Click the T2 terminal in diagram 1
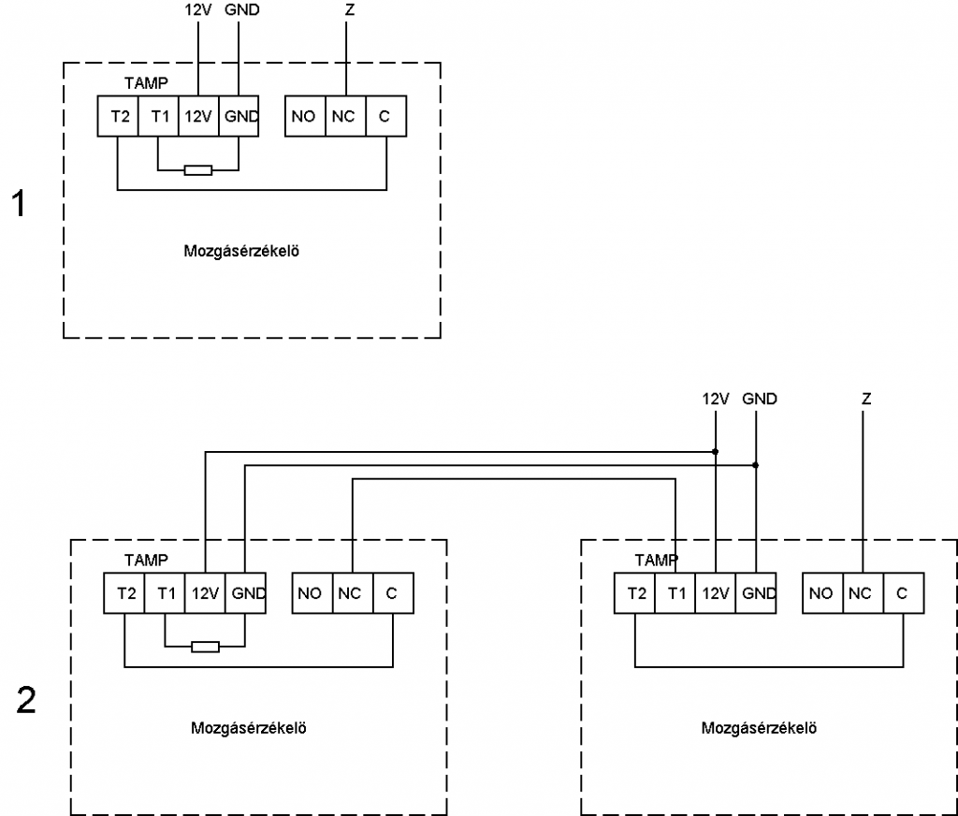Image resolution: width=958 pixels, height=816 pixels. pos(118,115)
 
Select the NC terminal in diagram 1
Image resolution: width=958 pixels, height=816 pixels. pos(346,115)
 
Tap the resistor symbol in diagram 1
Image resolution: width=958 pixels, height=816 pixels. pos(198,170)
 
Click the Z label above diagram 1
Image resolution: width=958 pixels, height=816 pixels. pos(350,9)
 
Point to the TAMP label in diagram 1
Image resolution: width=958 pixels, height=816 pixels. pos(146,82)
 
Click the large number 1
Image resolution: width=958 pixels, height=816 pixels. pos(20,203)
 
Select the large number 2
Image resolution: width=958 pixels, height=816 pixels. pos(26,700)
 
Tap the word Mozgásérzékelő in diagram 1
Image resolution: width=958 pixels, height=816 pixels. pos(241,251)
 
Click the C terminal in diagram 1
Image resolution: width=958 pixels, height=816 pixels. pos(386,115)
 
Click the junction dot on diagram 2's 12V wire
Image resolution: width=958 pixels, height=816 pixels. pos(716,452)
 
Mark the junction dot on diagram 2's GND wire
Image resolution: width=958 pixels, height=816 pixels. pos(756,465)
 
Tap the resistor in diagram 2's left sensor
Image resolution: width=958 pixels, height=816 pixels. pos(205,647)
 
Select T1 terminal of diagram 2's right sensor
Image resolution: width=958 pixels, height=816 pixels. pos(675,593)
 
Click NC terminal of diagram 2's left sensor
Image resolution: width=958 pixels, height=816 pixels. pos(353,593)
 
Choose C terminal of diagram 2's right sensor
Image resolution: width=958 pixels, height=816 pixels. pos(904,593)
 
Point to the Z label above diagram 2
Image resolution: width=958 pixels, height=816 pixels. pos(866,399)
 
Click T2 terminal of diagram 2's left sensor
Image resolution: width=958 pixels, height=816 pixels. pos(124,593)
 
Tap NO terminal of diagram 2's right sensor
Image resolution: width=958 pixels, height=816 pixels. pos(823,593)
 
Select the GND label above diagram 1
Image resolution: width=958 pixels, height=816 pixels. pos(242,9)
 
